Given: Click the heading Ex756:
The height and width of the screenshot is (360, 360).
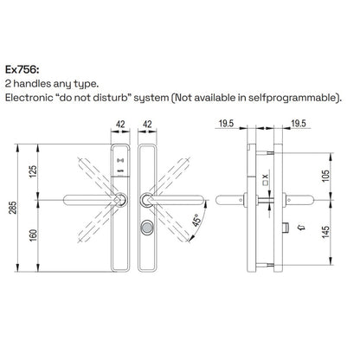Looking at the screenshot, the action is pyautogui.click(x=22, y=70).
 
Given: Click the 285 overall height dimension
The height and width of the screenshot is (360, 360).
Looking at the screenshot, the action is pyautogui.click(x=13, y=208).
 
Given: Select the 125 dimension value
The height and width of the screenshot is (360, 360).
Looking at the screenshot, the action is pyautogui.click(x=33, y=171).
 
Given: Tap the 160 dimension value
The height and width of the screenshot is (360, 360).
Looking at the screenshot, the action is pyautogui.click(x=33, y=235).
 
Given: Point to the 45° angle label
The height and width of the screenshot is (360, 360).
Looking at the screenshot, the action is pyautogui.click(x=196, y=220).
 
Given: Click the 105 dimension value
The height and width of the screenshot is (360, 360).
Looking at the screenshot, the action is pyautogui.click(x=325, y=176).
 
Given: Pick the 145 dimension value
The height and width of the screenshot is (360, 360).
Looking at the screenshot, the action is pyautogui.click(x=325, y=232).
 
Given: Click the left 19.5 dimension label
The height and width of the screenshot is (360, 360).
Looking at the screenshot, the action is pyautogui.click(x=226, y=124).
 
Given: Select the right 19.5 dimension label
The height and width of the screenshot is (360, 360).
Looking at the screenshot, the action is pyautogui.click(x=298, y=124).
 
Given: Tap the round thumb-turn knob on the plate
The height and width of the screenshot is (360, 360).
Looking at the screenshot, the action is pyautogui.click(x=147, y=228).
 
